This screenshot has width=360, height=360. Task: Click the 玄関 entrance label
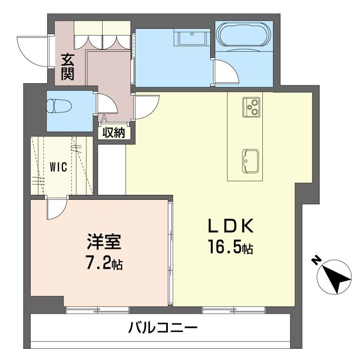[67, 67]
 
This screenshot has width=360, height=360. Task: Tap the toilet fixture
[59, 106]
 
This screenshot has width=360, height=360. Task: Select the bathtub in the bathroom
[244, 36]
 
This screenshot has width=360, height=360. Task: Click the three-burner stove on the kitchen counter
[252, 107]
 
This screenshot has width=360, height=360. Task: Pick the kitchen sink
[250, 161]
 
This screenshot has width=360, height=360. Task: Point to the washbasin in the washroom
[192, 37]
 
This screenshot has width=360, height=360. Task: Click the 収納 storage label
[114, 133]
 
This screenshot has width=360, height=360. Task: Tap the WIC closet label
[58, 167]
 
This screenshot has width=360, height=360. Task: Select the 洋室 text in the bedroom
[104, 242]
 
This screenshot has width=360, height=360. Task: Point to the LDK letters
[231, 226]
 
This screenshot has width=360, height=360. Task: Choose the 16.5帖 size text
[230, 246]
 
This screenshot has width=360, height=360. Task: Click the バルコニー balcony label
[163, 328]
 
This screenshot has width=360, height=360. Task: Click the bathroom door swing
[227, 71]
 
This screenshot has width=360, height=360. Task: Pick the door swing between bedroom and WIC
[57, 207]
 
